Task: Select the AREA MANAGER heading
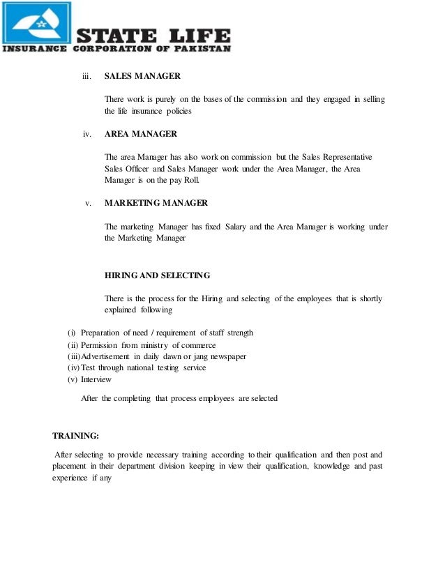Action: click(x=140, y=133)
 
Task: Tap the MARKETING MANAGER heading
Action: click(x=156, y=203)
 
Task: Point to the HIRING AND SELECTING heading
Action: click(x=157, y=275)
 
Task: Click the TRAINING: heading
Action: click(x=76, y=436)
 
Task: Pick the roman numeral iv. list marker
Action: click(x=87, y=133)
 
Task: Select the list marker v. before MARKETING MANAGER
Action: click(x=89, y=203)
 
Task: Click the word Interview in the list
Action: click(x=96, y=380)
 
